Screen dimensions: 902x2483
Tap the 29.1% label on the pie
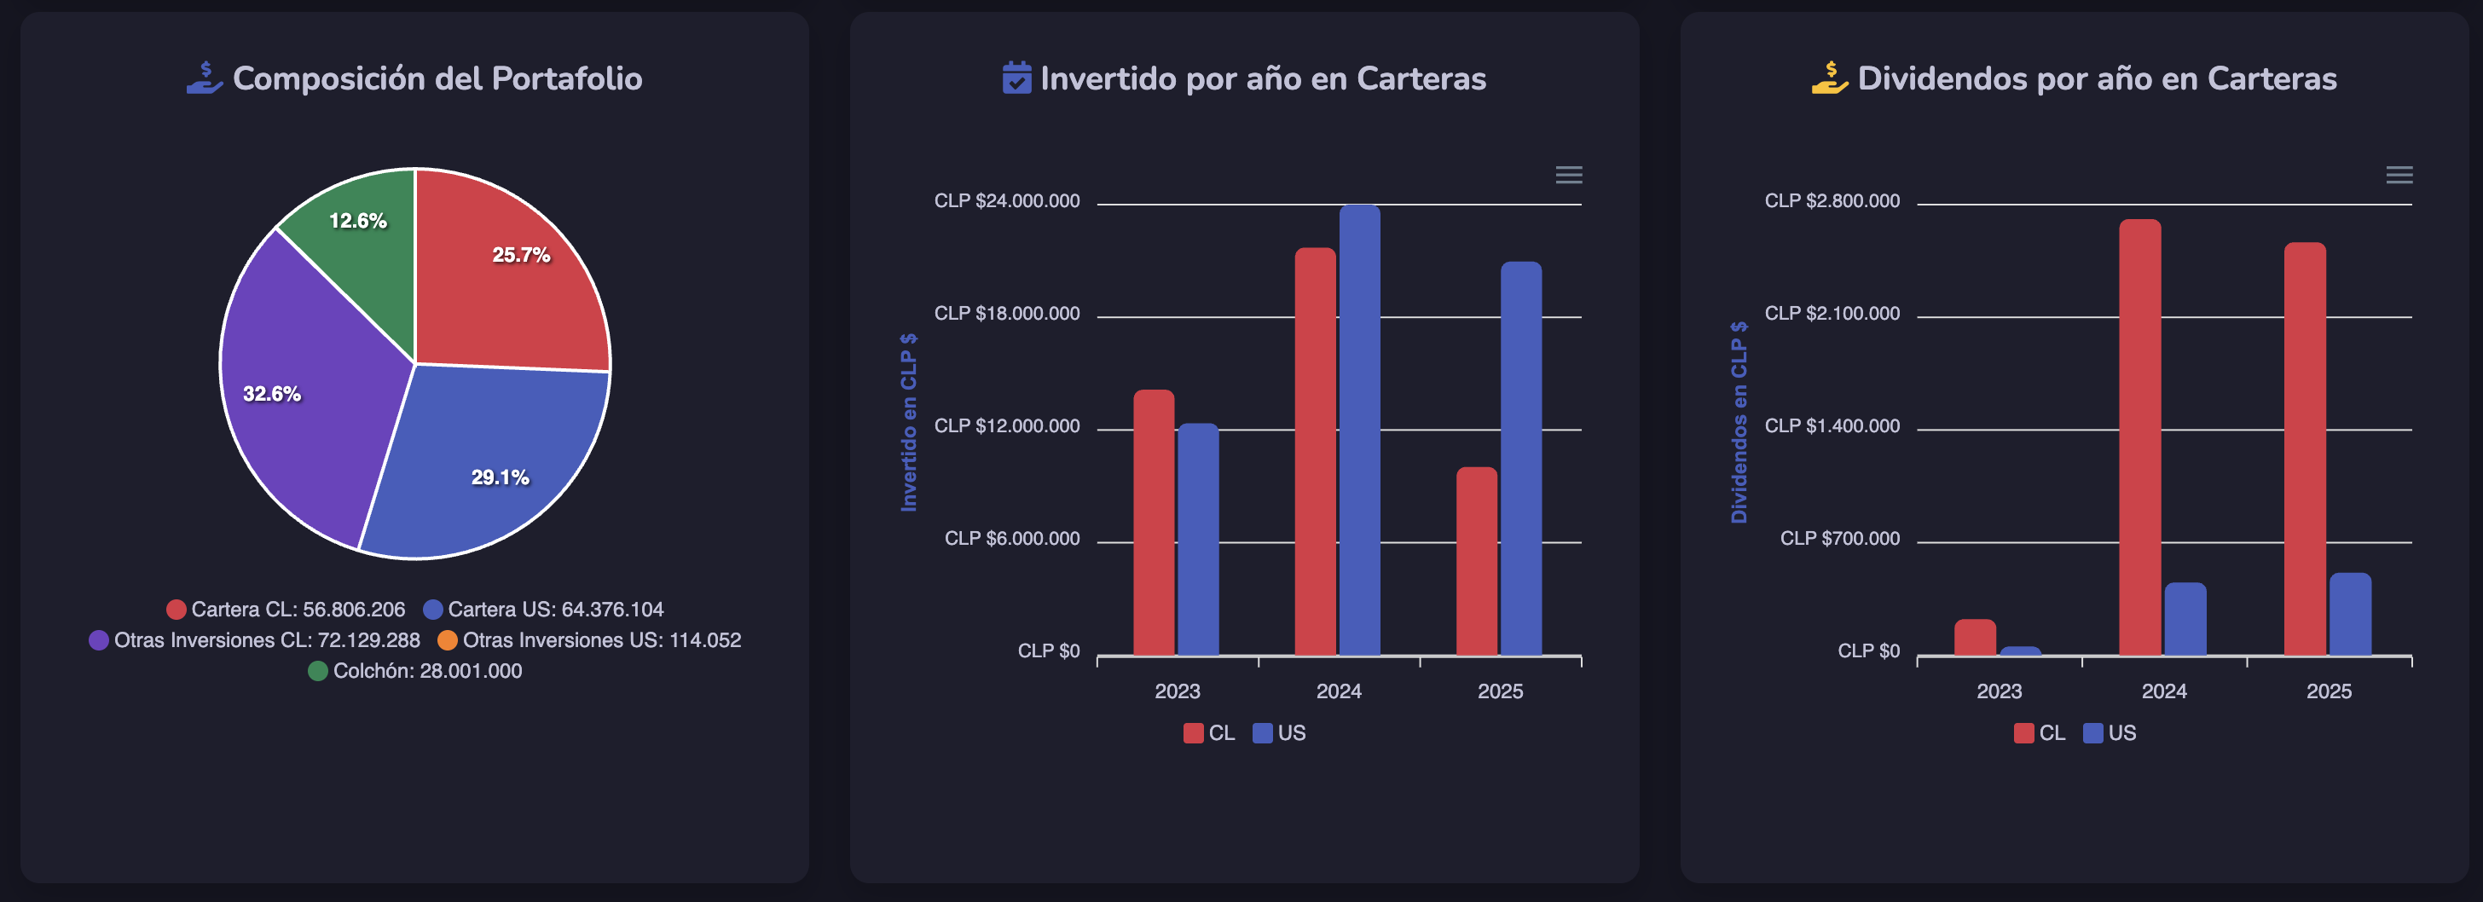point(500,477)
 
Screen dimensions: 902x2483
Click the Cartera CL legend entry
point(286,609)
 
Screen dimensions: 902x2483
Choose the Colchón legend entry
point(415,671)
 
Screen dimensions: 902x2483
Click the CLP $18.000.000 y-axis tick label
point(1006,313)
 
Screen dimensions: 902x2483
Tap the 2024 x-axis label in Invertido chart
point(1339,691)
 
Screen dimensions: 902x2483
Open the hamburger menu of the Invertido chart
point(1568,175)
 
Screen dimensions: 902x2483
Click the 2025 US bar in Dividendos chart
point(2350,614)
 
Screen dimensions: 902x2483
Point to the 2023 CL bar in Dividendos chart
point(1975,637)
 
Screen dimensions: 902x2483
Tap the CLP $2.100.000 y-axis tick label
point(1832,313)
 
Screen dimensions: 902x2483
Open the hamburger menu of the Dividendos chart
point(2399,175)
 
